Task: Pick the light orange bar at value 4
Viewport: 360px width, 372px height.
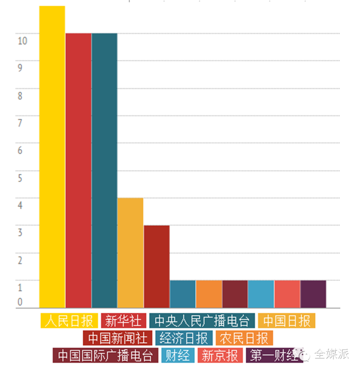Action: pos(130,253)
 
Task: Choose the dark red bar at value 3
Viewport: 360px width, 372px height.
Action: pos(156,266)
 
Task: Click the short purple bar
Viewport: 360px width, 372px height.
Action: pos(313,294)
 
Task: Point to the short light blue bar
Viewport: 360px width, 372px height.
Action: pos(261,294)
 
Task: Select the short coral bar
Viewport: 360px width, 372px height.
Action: pos(287,294)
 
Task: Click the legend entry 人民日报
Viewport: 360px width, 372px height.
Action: pos(69,321)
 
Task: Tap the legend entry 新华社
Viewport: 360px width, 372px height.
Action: pos(123,321)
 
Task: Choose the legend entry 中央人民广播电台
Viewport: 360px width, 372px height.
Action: pos(202,321)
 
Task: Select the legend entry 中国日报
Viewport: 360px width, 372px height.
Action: pos(287,321)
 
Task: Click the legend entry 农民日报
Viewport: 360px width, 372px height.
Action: pos(244,338)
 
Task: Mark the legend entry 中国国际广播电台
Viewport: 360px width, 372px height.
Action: pos(105,356)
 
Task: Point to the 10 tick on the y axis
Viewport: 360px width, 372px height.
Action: pos(22,41)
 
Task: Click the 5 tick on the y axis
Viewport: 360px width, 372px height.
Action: pos(20,178)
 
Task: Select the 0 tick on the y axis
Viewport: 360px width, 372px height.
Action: pos(20,302)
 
